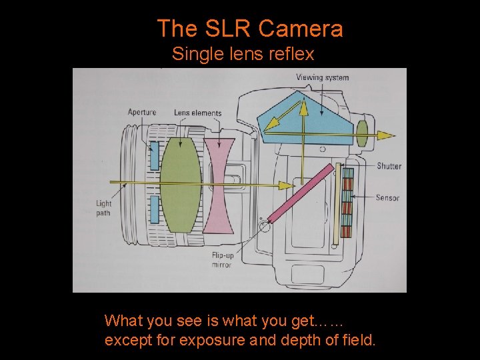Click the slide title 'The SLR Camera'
click(x=250, y=29)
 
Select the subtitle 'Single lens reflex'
click(x=243, y=53)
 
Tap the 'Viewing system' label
click(x=323, y=77)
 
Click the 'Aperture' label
click(x=142, y=112)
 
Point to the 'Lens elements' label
click(x=197, y=113)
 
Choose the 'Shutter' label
click(x=389, y=165)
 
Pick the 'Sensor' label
click(x=387, y=197)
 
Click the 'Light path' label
click(x=103, y=208)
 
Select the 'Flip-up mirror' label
click(x=221, y=260)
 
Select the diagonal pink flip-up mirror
click(x=300, y=193)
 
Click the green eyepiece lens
click(x=363, y=131)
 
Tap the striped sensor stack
click(x=347, y=203)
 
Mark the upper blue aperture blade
click(x=155, y=155)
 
